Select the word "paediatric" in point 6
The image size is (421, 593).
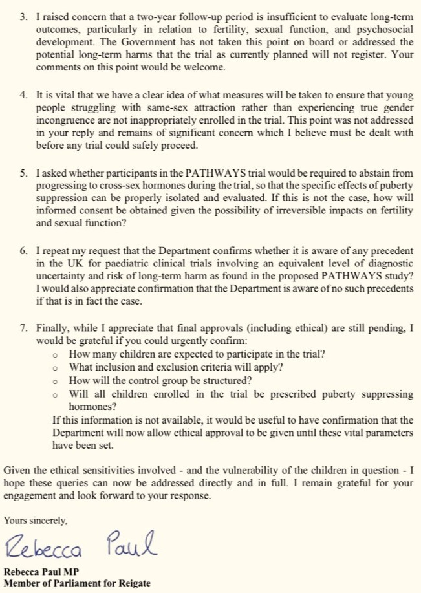(107, 261)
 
